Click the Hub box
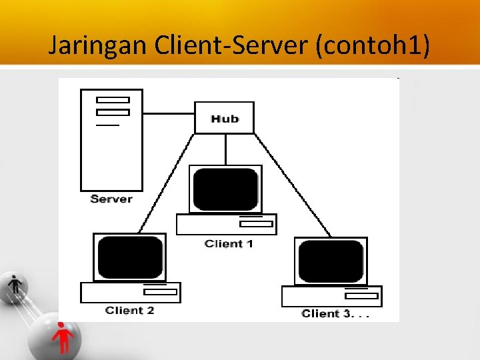point(224,118)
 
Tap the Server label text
point(111,199)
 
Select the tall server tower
point(111,139)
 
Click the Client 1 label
point(229,244)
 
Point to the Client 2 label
point(129,311)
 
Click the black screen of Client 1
point(225,189)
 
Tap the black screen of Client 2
point(130,257)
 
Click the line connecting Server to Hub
point(168,113)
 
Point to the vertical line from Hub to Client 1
point(226,149)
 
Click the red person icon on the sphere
point(63,337)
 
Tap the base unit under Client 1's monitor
point(226,224)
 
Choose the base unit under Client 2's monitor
point(130,292)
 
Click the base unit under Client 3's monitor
point(331,295)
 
